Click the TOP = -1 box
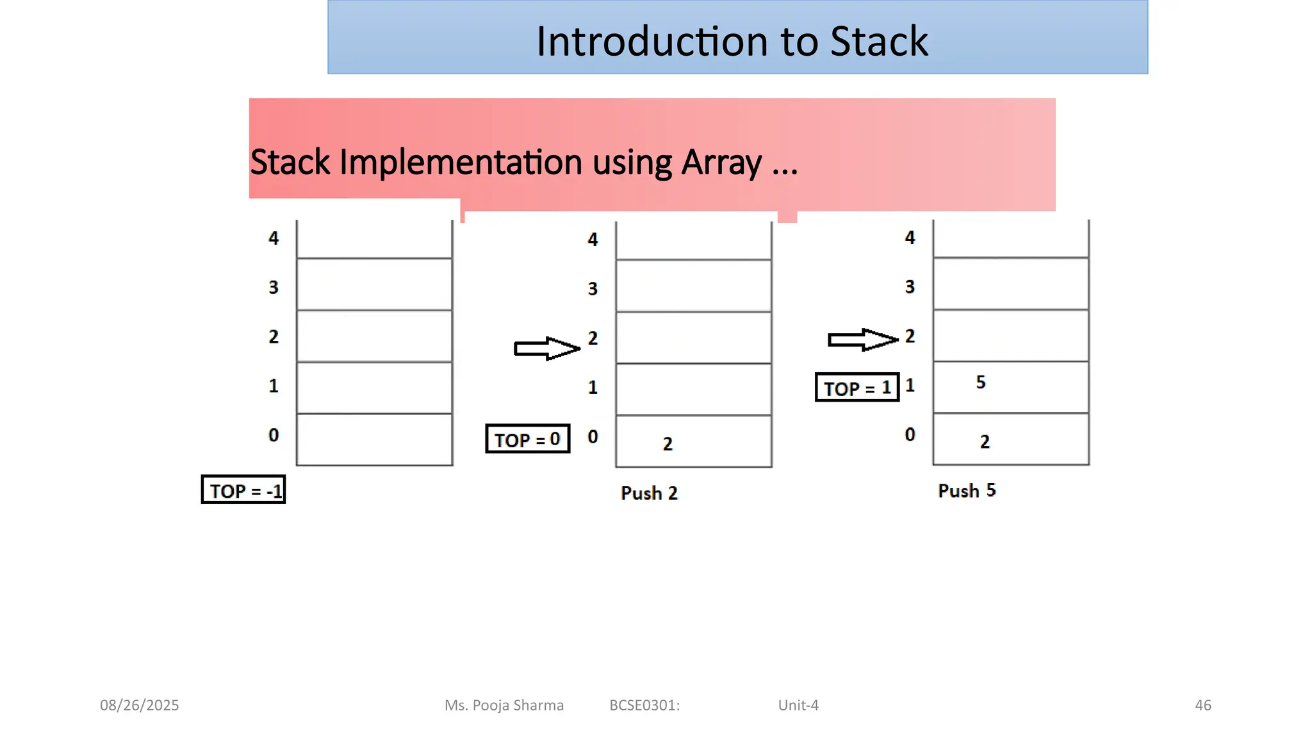pyautogui.click(x=243, y=490)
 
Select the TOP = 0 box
pyautogui.click(x=527, y=439)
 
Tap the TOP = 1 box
pyautogui.click(x=857, y=388)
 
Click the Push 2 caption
pyautogui.click(x=648, y=493)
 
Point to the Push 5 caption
pyautogui.click(x=966, y=491)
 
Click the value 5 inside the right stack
pyautogui.click(x=980, y=382)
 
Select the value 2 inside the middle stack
pyautogui.click(x=667, y=443)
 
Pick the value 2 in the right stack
pyautogui.click(x=984, y=441)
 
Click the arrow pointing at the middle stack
pyautogui.click(x=546, y=348)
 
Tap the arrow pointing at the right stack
pyautogui.click(x=862, y=340)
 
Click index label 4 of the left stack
pyautogui.click(x=274, y=238)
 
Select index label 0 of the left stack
pyautogui.click(x=274, y=435)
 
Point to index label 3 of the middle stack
pyautogui.click(x=593, y=289)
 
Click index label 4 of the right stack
pyautogui.click(x=910, y=238)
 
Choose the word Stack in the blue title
pyautogui.click(x=878, y=42)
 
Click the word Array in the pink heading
pyautogui.click(x=721, y=162)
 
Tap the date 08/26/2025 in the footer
pyautogui.click(x=139, y=705)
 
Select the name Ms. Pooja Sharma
pyautogui.click(x=504, y=705)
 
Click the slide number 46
pyautogui.click(x=1202, y=705)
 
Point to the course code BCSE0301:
pyautogui.click(x=644, y=705)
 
